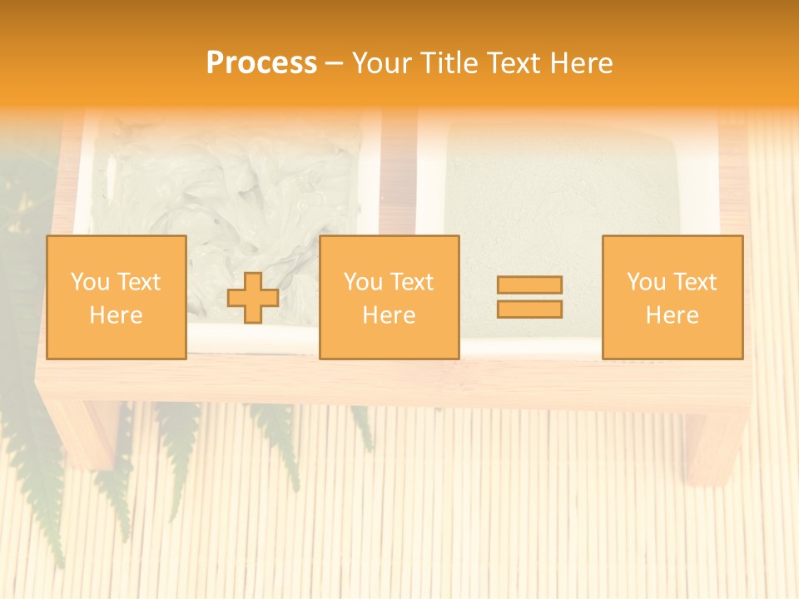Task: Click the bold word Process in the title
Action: (261, 63)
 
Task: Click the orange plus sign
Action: (253, 298)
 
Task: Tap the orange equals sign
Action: (529, 297)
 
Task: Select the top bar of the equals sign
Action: (529, 285)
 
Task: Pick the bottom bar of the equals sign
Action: (529, 309)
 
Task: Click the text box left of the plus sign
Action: (116, 297)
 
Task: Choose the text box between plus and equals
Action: (389, 297)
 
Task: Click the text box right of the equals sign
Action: (672, 297)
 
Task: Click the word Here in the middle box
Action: (389, 315)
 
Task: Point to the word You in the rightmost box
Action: (646, 282)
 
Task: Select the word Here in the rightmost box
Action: (672, 315)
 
